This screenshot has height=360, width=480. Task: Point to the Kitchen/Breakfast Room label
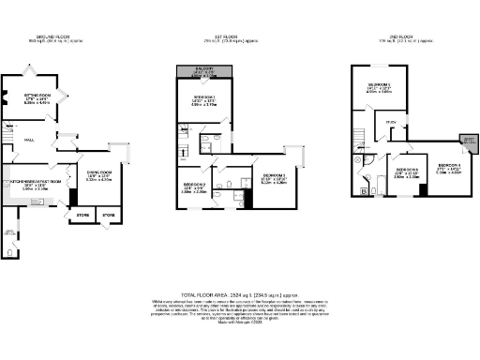tap(35, 183)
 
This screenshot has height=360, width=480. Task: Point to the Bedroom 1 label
tap(205, 99)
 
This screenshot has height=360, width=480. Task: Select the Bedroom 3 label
tap(274, 178)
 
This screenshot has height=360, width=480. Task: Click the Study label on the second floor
tap(391, 122)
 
